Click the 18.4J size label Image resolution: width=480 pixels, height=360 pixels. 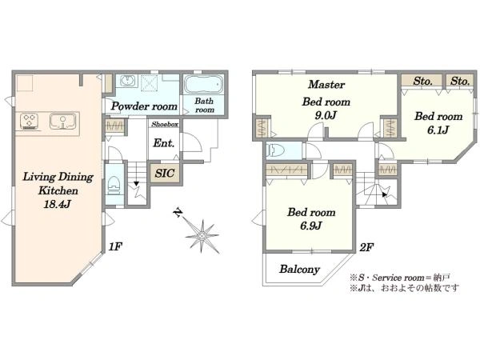click(x=58, y=204)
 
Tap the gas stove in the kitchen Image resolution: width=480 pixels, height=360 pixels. click(x=29, y=121)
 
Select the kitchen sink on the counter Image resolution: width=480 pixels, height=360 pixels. click(x=62, y=121)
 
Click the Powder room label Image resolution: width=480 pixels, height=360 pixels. click(x=144, y=106)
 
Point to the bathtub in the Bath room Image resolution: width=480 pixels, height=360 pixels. click(x=204, y=83)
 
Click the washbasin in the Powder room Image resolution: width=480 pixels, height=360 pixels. click(x=126, y=81)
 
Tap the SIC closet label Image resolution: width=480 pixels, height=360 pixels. click(x=164, y=174)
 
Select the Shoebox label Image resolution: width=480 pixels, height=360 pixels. click(x=165, y=124)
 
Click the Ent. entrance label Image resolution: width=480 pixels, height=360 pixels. click(x=164, y=143)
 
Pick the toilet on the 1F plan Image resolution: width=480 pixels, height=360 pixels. click(x=114, y=185)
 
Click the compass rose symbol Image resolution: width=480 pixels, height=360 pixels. click(x=202, y=235)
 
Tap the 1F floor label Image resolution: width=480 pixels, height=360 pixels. click(x=115, y=246)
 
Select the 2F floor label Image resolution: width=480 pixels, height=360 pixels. click(x=366, y=246)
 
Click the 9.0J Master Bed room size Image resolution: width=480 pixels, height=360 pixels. click(x=326, y=115)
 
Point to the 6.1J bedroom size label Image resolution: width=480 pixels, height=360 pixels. click(x=438, y=130)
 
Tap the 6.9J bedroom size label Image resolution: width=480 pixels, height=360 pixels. click(x=310, y=226)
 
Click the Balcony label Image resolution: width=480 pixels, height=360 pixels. click(x=299, y=269)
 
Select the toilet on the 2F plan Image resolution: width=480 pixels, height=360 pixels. click(x=275, y=150)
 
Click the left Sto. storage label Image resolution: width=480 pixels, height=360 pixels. click(x=422, y=81)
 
